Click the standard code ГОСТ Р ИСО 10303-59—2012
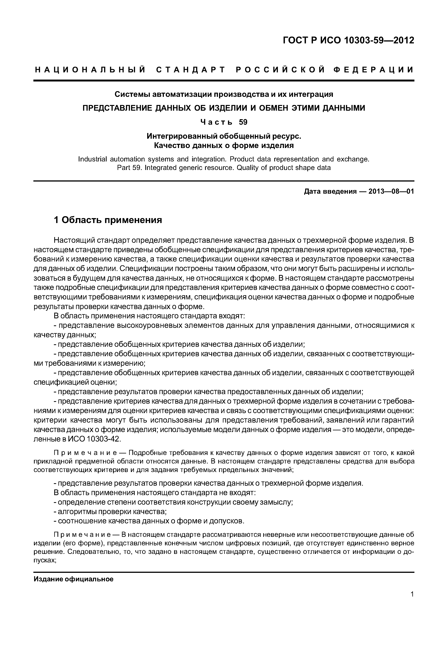[348, 40]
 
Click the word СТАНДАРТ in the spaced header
[191, 70]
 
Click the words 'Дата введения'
[330, 192]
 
